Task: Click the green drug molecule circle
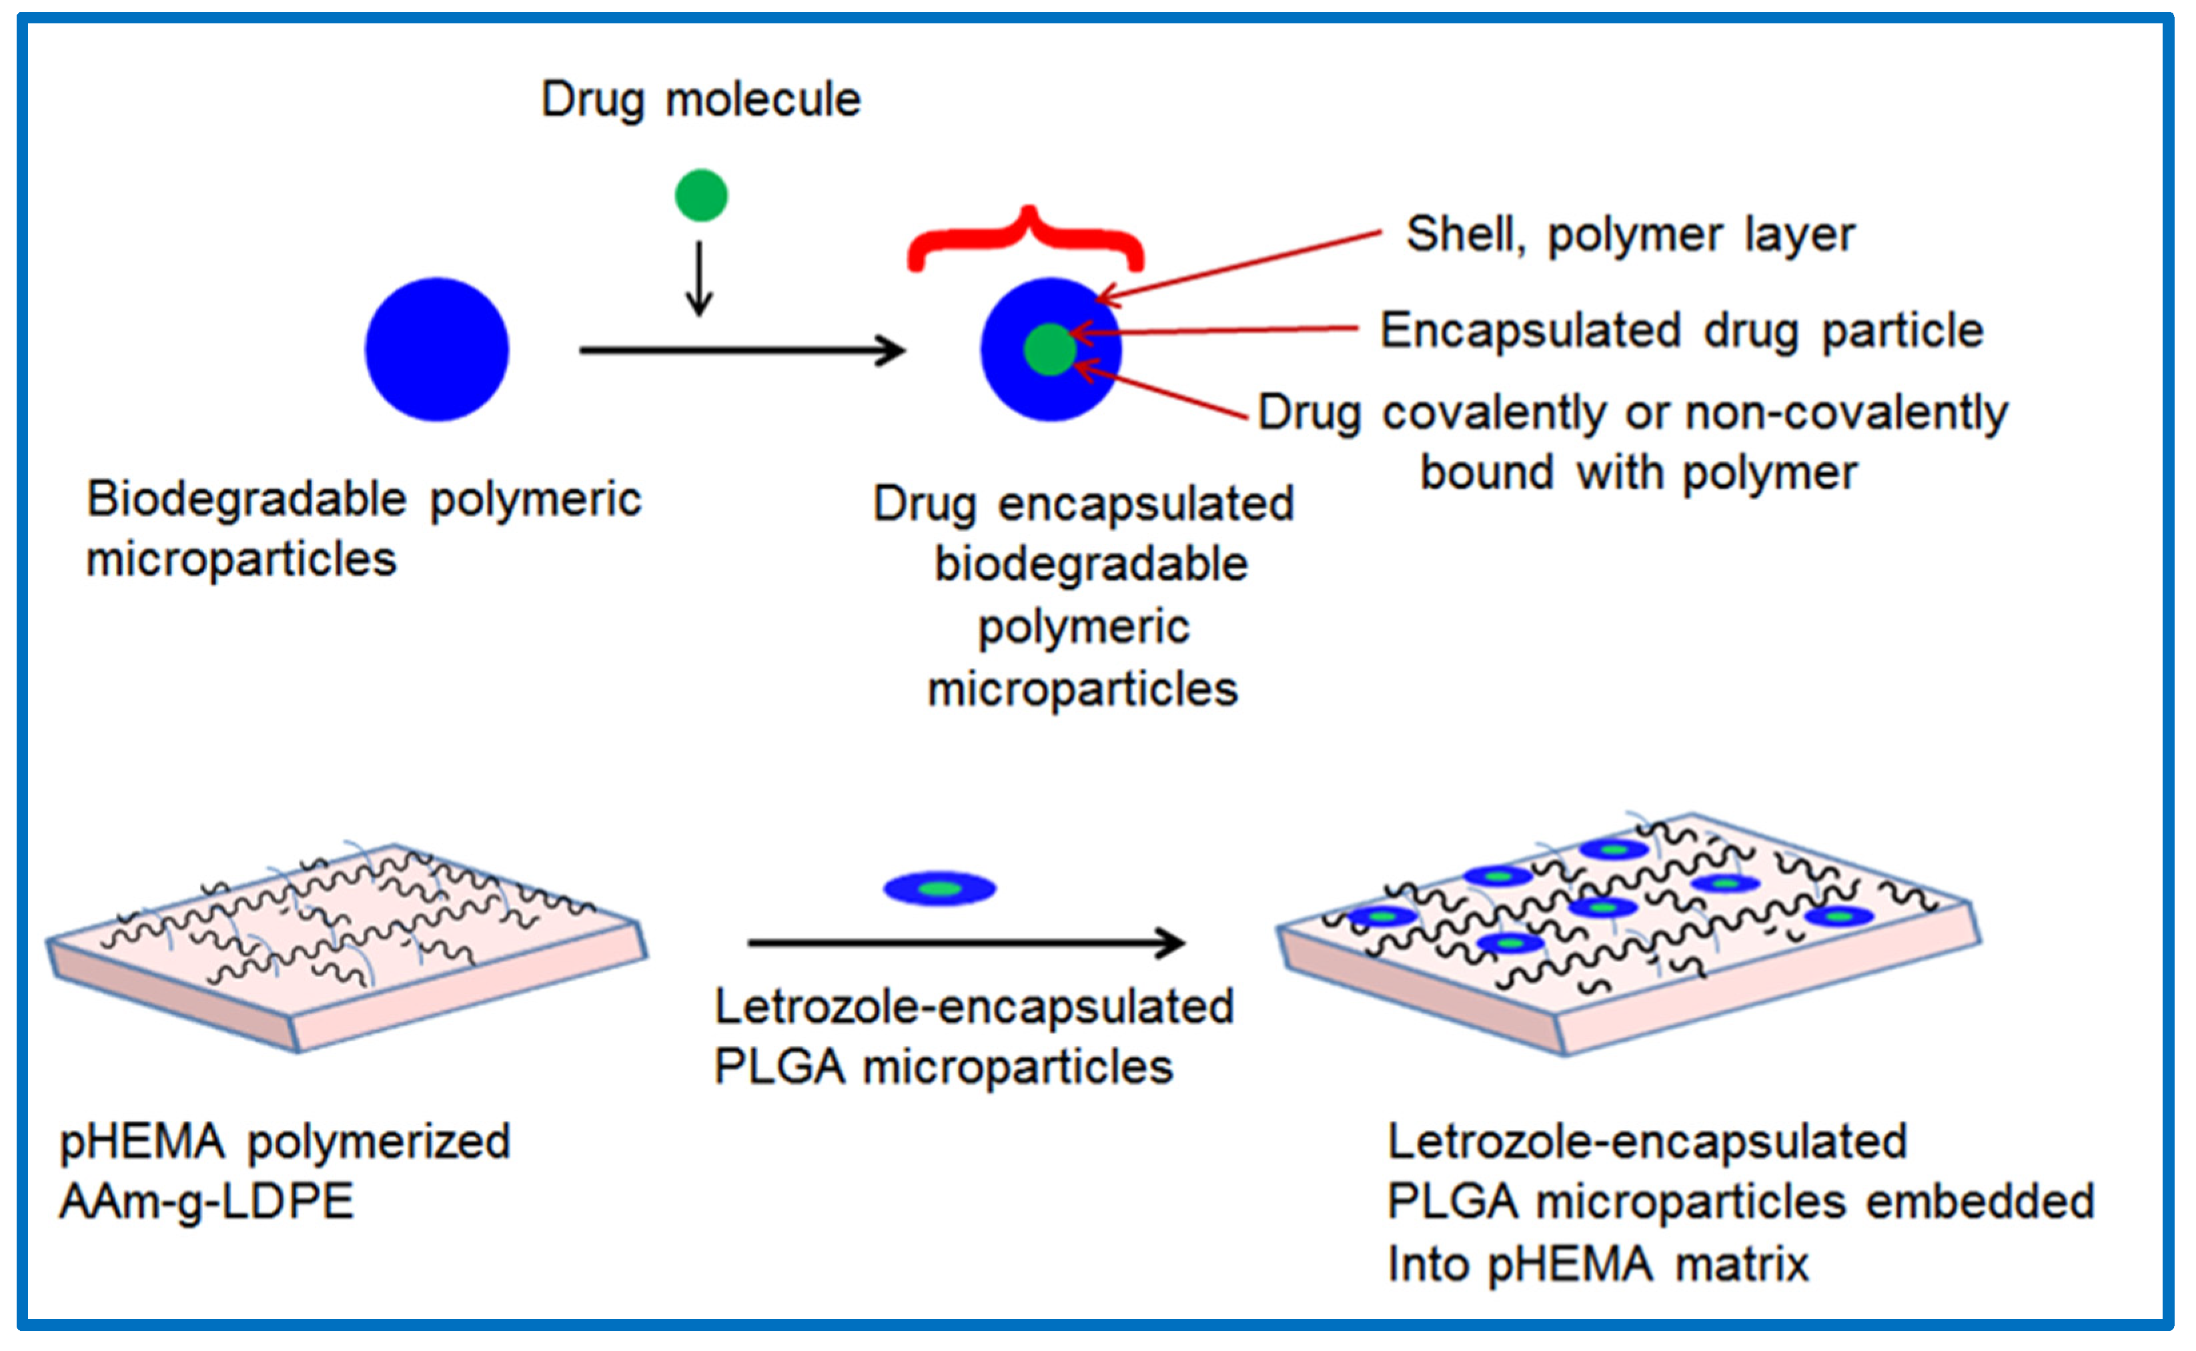click(701, 195)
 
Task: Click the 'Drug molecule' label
click(700, 99)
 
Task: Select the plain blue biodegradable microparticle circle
click(437, 350)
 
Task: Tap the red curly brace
click(1026, 237)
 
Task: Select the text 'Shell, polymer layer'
click(1630, 235)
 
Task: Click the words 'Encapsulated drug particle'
click(1682, 331)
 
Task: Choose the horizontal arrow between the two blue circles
click(742, 350)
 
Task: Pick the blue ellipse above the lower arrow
click(939, 888)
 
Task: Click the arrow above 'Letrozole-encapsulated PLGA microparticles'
click(965, 942)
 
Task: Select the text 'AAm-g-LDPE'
click(206, 1202)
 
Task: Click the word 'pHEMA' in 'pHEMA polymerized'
click(141, 1142)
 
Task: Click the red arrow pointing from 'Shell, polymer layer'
click(1237, 266)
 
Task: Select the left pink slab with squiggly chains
click(348, 947)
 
